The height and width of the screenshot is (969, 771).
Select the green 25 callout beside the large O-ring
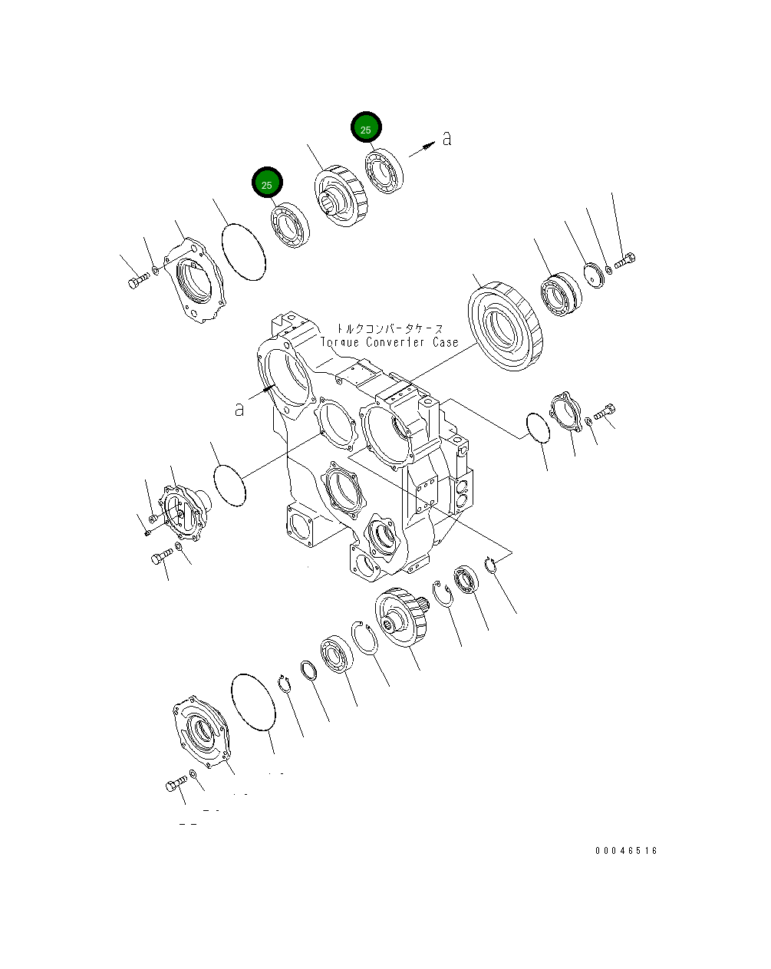click(x=267, y=183)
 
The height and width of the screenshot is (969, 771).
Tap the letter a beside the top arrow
click(x=447, y=138)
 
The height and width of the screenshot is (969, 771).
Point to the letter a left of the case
click(x=239, y=409)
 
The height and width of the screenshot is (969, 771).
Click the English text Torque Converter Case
click(x=390, y=342)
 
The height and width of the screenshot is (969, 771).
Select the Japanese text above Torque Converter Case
click(x=390, y=328)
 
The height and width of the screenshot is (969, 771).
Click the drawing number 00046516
click(x=626, y=851)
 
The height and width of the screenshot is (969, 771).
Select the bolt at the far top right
click(x=623, y=262)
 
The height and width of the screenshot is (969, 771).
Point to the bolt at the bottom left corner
click(x=175, y=785)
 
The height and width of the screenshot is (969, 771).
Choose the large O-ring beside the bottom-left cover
click(x=252, y=702)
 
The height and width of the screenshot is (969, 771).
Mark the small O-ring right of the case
click(x=539, y=427)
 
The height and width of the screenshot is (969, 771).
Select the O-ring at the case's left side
click(x=229, y=483)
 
